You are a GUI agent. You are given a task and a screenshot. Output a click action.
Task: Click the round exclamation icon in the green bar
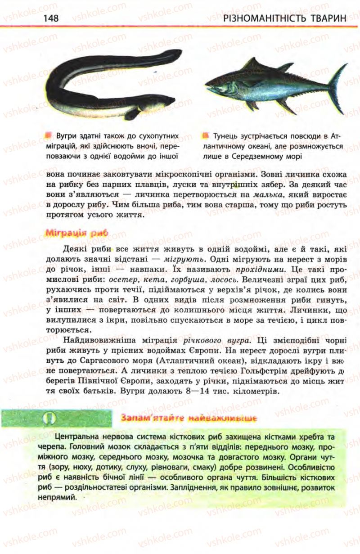(50, 418)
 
